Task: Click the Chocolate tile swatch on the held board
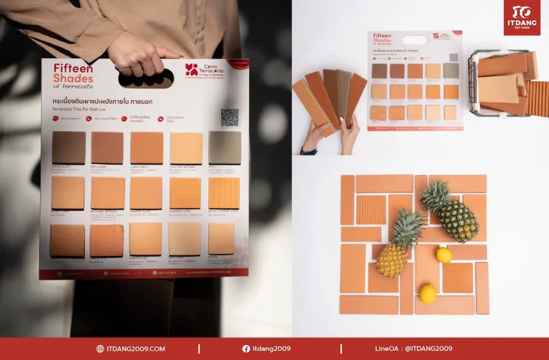click(x=69, y=148)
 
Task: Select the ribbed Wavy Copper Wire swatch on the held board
click(x=224, y=193)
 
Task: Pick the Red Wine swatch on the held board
click(x=107, y=148)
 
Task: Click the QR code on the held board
click(x=230, y=117)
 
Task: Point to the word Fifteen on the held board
click(x=73, y=68)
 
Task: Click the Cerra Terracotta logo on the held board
click(x=204, y=70)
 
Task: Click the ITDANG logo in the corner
click(x=522, y=18)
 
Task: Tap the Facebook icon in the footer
click(x=246, y=349)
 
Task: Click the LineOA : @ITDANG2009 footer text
click(x=413, y=349)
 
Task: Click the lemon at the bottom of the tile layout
click(x=428, y=293)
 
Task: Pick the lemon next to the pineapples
click(x=444, y=255)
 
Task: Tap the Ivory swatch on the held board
click(x=221, y=239)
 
